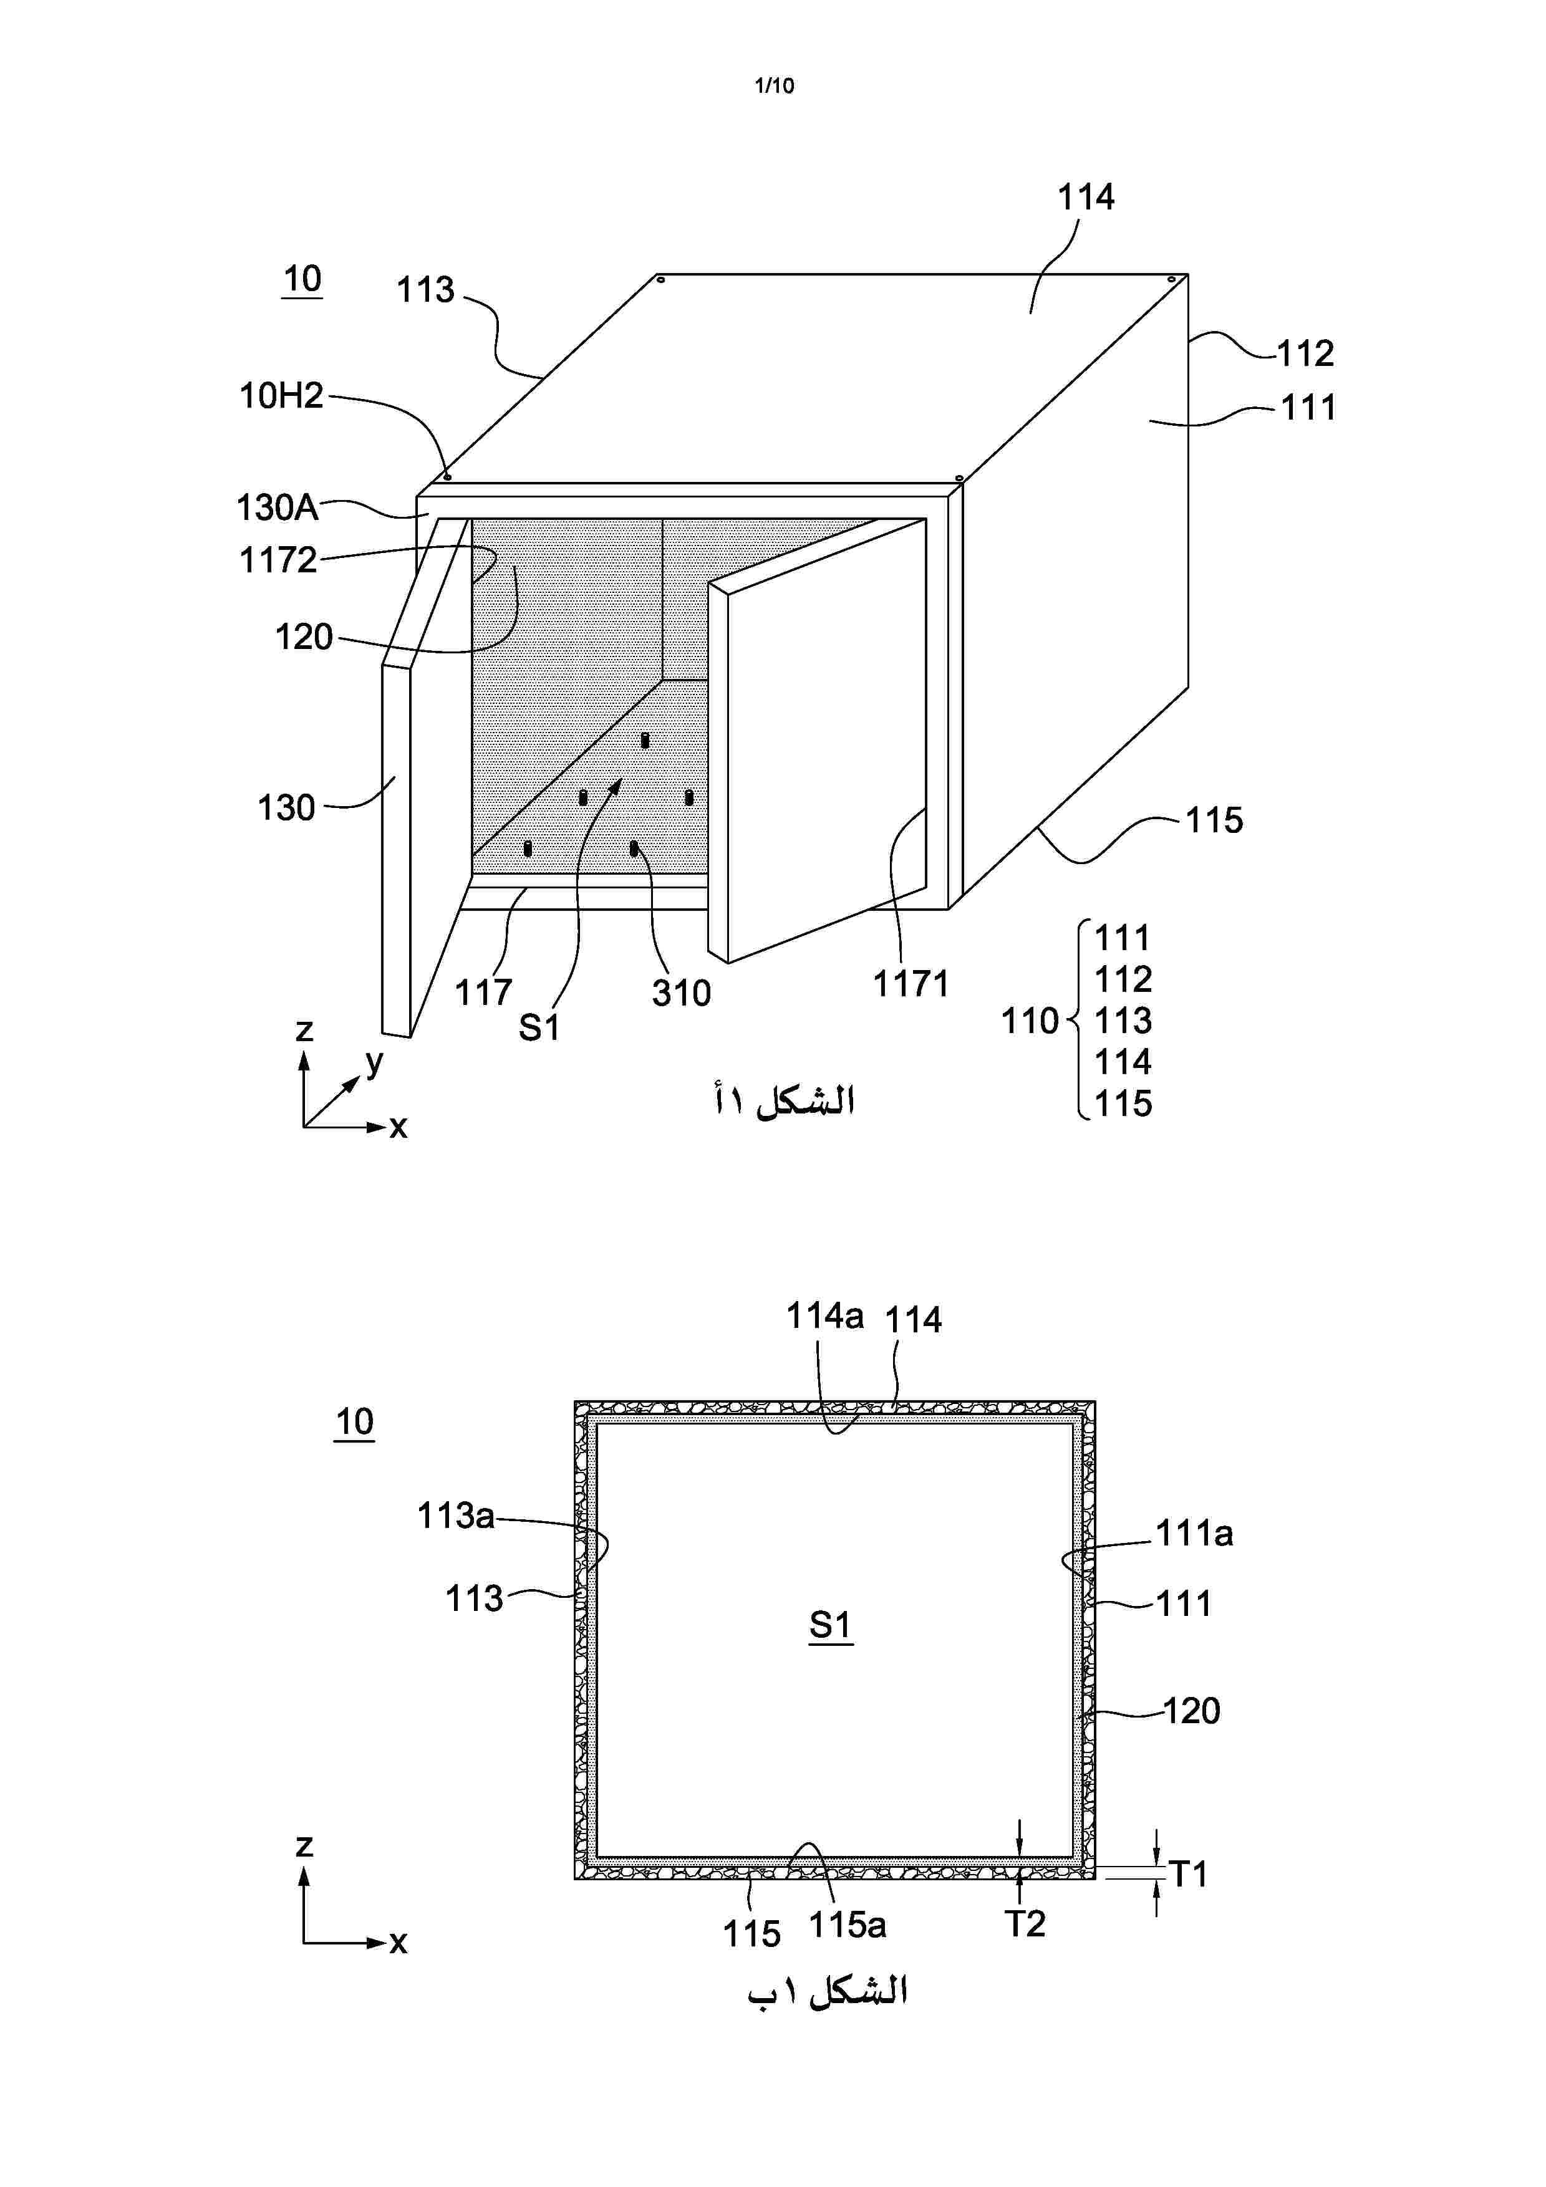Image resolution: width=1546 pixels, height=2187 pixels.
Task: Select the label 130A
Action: point(277,507)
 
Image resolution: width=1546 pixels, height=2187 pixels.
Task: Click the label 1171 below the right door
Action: point(911,984)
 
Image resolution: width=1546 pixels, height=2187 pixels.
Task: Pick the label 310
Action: point(681,994)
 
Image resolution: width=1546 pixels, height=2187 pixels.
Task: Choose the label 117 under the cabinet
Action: point(483,993)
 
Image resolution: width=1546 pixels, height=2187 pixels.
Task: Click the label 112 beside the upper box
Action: point(1305,353)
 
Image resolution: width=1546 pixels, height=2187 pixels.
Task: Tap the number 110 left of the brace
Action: point(1030,1021)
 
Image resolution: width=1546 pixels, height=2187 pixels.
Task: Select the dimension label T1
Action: point(1189,1875)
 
